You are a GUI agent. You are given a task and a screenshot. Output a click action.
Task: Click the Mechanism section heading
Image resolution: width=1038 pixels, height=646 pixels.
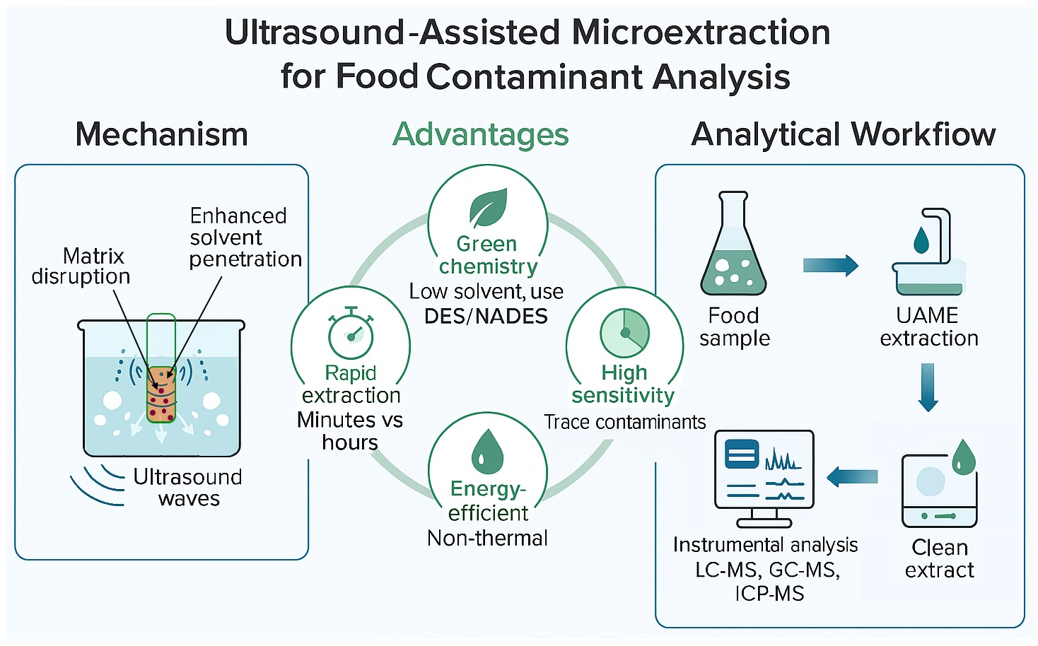(x=161, y=134)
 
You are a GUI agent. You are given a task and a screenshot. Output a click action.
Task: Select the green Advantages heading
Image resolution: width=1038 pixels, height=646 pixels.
(x=481, y=134)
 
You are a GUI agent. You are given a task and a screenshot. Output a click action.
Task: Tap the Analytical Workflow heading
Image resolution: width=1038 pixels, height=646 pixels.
(x=843, y=134)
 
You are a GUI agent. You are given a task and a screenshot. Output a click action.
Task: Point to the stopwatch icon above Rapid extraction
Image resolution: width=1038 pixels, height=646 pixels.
(x=351, y=334)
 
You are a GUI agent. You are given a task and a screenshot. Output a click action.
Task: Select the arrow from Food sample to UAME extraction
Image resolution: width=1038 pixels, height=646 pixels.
(x=830, y=266)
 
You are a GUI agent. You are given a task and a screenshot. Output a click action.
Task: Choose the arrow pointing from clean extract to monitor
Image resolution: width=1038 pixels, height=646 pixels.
(x=851, y=477)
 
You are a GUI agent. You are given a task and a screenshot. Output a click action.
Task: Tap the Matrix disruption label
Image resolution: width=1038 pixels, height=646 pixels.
(x=81, y=266)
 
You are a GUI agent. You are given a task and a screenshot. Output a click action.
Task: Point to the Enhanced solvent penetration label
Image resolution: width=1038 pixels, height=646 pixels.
(x=244, y=237)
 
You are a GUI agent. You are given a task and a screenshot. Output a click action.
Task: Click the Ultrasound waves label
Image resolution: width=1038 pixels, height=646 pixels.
(x=188, y=488)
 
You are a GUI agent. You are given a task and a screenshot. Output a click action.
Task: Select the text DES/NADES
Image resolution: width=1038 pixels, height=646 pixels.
(x=486, y=316)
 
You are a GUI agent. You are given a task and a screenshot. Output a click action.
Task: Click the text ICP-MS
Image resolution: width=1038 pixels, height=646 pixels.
(x=769, y=593)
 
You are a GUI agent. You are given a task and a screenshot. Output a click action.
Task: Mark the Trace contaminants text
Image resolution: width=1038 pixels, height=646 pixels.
(x=624, y=422)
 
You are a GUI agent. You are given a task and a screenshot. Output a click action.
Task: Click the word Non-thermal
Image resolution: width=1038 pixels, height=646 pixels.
(x=487, y=538)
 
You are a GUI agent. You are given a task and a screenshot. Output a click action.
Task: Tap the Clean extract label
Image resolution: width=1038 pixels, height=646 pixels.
(x=939, y=558)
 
